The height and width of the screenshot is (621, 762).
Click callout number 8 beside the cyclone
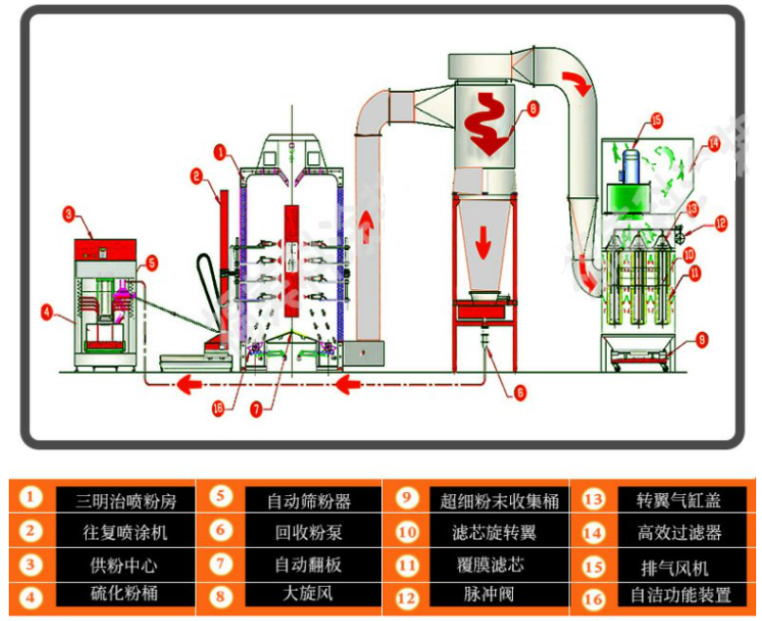point(532,110)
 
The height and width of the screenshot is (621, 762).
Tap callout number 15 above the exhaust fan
point(656,121)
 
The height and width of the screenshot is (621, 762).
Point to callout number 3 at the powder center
point(68,212)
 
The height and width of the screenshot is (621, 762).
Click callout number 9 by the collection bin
point(701,341)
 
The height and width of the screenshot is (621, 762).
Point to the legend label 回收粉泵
point(294,534)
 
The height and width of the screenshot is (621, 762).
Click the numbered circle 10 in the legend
point(407,532)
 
